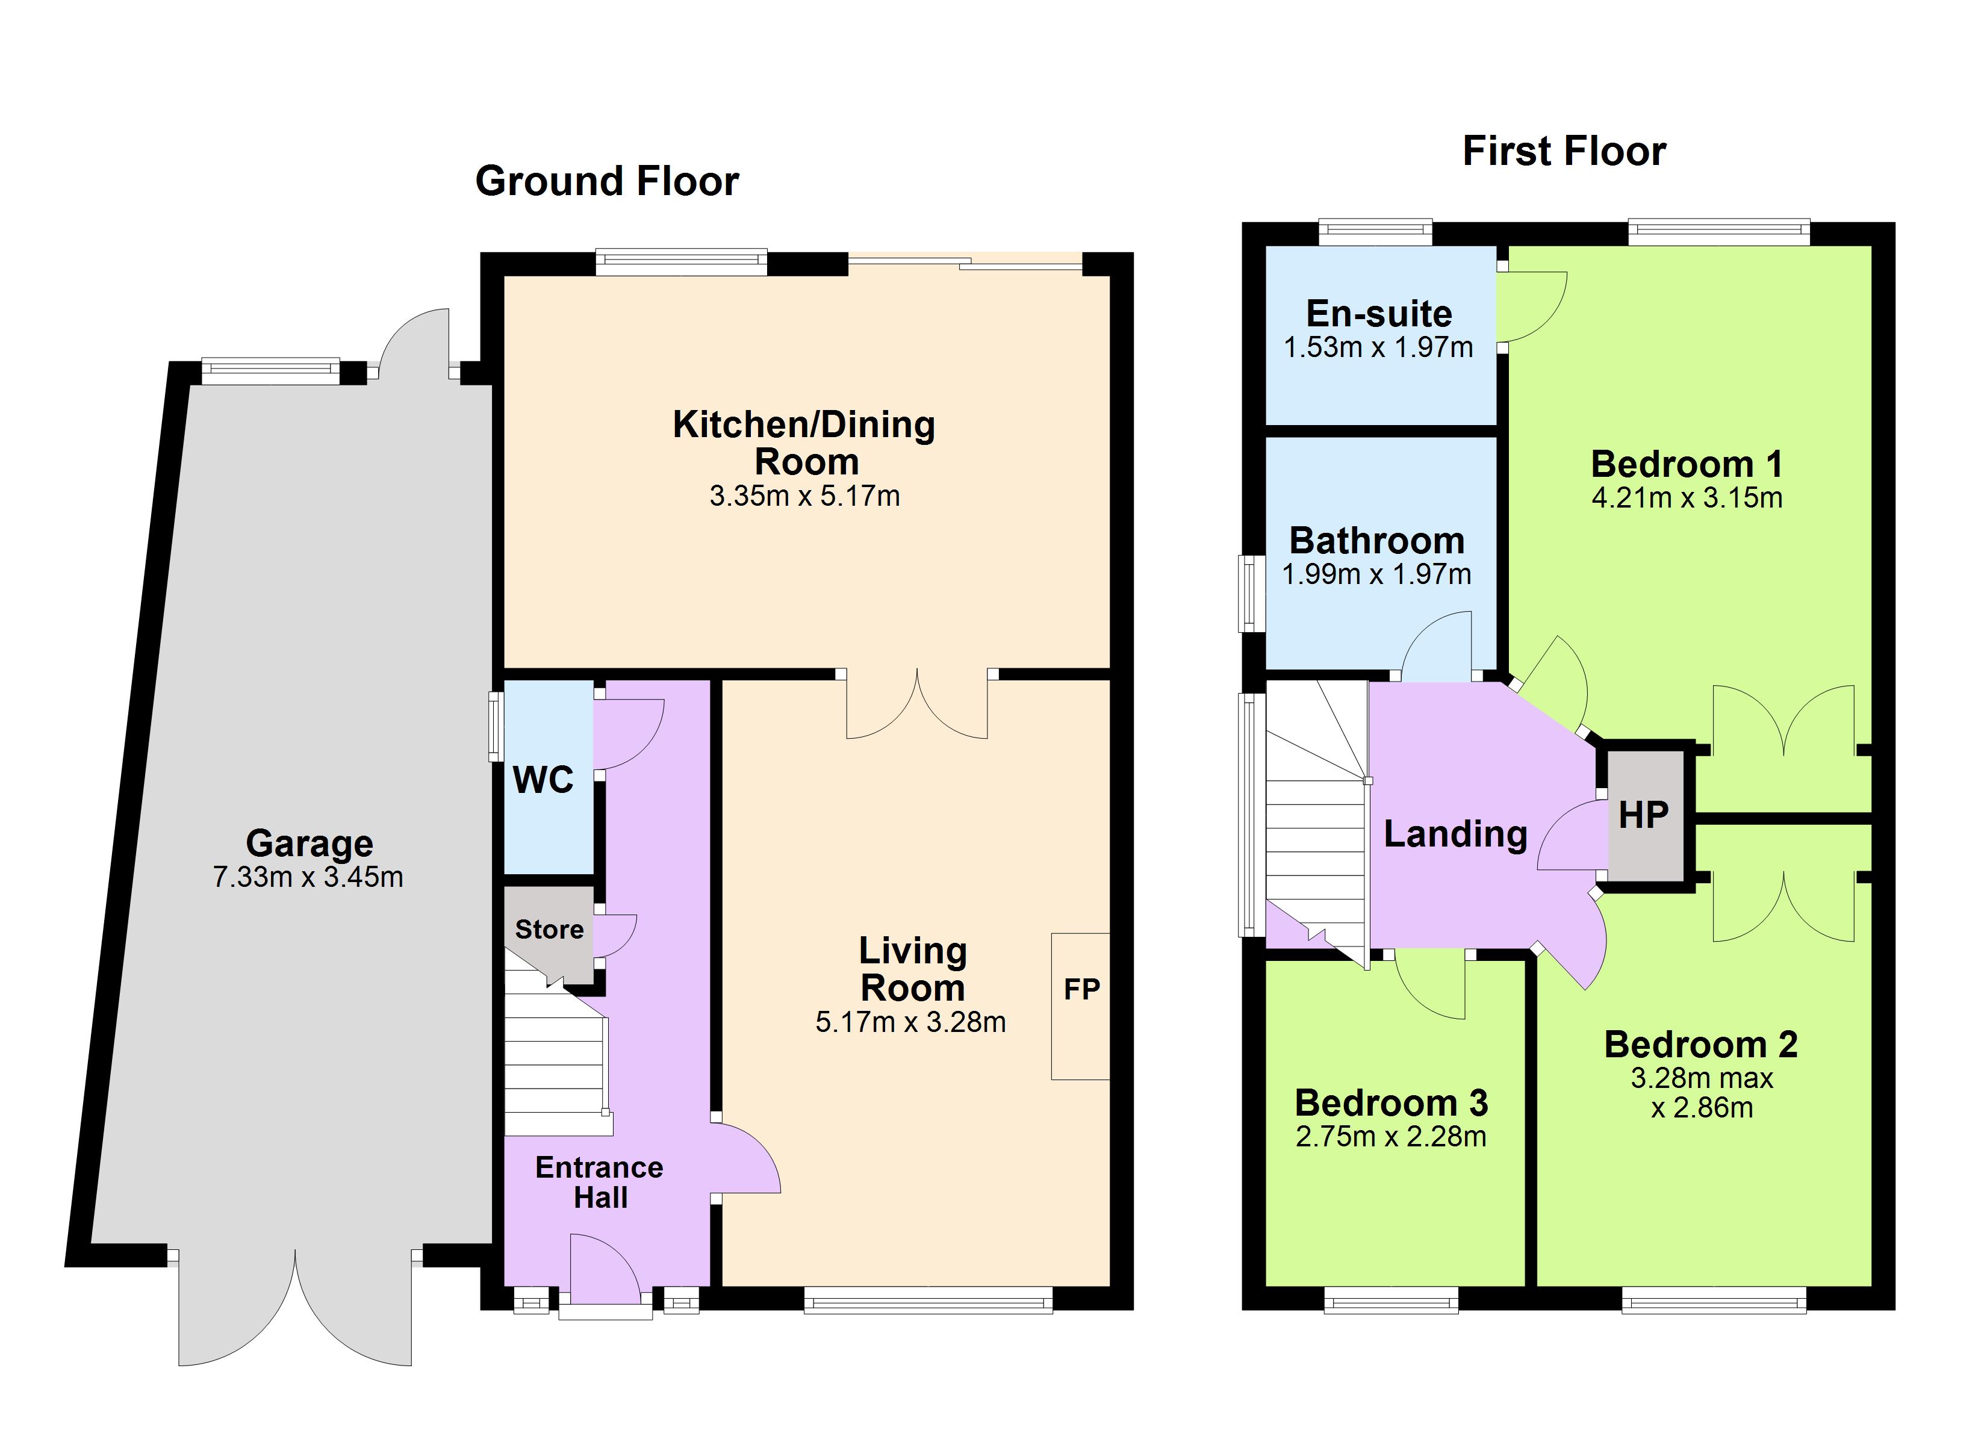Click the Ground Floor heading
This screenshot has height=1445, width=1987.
coord(607,181)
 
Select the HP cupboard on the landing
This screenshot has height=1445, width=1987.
coord(1644,816)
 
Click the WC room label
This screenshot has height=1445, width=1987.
coord(543,780)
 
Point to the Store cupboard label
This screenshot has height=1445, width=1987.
coord(549,929)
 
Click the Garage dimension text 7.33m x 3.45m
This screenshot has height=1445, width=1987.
coord(308,877)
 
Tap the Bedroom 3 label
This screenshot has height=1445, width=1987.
coord(1392,1103)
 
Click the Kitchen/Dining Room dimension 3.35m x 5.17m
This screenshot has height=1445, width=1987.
coord(804,496)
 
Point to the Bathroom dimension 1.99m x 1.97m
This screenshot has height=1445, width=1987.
coord(1376,575)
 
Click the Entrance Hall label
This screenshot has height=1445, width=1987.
coord(599,1182)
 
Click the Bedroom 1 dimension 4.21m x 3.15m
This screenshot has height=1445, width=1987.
coord(1687,498)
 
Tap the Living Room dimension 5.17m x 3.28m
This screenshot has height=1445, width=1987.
coord(910,1022)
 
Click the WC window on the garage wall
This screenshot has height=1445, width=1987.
coord(496,727)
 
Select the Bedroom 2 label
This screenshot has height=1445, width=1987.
coord(1700,1045)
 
